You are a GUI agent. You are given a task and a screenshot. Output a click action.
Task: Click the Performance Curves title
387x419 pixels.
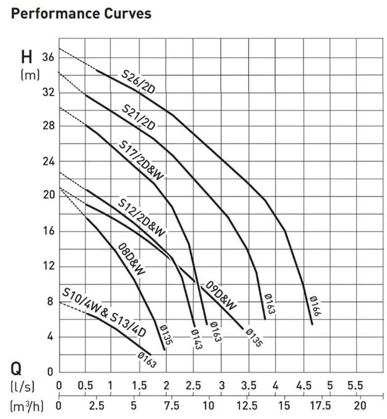(81, 13)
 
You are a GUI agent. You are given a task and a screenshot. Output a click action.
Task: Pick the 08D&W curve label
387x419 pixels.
(131, 259)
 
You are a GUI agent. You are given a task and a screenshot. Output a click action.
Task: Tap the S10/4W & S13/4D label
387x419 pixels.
(103, 312)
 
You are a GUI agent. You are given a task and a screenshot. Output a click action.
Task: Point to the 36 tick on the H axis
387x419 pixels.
(48, 57)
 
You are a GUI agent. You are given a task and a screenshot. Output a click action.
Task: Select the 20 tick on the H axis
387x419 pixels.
(48, 195)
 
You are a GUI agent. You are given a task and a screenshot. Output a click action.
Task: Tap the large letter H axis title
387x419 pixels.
(27, 58)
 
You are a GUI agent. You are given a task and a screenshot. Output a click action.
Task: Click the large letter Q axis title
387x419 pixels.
(18, 370)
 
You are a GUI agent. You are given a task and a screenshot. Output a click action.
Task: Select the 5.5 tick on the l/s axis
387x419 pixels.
(355, 386)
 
